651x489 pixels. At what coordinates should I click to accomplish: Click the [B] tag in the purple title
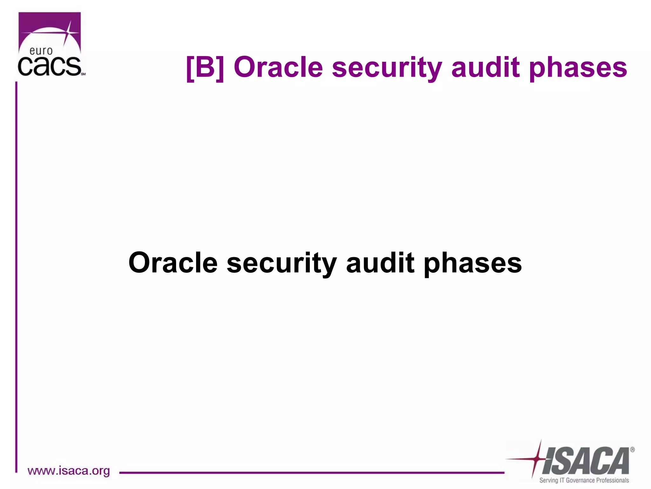pos(205,67)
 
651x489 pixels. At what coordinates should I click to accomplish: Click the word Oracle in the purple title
pos(278,67)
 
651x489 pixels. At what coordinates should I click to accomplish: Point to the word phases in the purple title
pos(578,68)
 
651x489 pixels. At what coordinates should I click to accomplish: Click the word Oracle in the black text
pos(173,263)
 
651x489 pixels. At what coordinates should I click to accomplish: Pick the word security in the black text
pos(281,264)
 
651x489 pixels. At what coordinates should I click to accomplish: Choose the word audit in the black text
pos(380,263)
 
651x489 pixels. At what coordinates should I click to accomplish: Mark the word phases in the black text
pos(473,264)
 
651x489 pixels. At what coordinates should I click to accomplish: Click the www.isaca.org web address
pos(69,471)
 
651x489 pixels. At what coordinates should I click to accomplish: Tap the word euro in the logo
pos(41,51)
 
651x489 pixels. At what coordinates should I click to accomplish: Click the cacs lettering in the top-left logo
pos(49,67)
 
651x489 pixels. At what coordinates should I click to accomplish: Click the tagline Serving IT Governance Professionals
pos(584,480)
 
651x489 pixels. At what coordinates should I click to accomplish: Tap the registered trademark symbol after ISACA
pos(632,450)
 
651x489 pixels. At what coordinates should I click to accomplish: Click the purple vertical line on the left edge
pos(16,274)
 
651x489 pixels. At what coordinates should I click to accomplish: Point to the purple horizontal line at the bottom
pos(312,473)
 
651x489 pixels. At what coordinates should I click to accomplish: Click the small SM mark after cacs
pos(83,74)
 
